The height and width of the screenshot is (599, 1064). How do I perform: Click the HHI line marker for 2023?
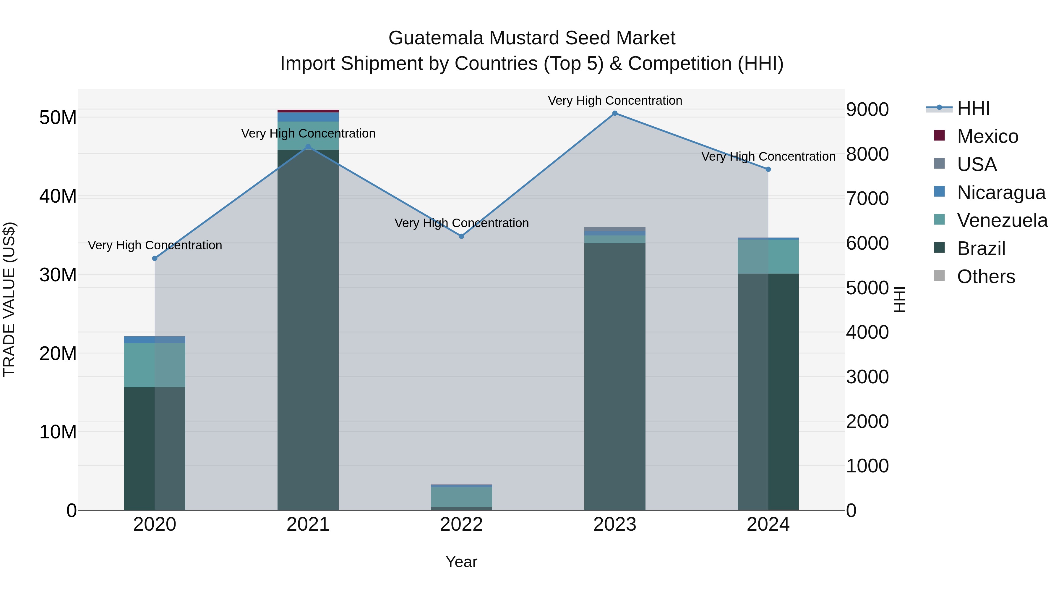tap(615, 113)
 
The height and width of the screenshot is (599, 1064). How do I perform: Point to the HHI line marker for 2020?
tap(155, 258)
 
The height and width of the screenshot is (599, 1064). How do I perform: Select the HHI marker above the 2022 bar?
tap(461, 236)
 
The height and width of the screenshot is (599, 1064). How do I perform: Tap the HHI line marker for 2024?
tap(768, 169)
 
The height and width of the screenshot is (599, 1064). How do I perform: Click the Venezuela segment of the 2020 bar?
tap(155, 365)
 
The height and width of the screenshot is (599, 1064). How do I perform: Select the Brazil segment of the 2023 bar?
tap(615, 376)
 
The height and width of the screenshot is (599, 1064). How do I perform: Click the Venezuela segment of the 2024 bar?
tap(768, 256)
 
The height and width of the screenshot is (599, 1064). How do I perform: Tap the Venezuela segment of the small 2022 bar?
tap(461, 497)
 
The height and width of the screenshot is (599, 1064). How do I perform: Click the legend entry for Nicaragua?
tap(1001, 193)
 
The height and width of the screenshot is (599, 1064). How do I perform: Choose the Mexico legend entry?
tap(987, 136)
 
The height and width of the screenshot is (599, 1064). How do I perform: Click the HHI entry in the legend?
tap(973, 108)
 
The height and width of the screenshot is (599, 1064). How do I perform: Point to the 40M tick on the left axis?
tap(58, 196)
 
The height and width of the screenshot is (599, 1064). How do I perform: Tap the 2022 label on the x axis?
tap(461, 524)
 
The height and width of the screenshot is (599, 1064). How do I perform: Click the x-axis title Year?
tap(461, 562)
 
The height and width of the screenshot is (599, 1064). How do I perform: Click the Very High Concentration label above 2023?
tap(615, 101)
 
